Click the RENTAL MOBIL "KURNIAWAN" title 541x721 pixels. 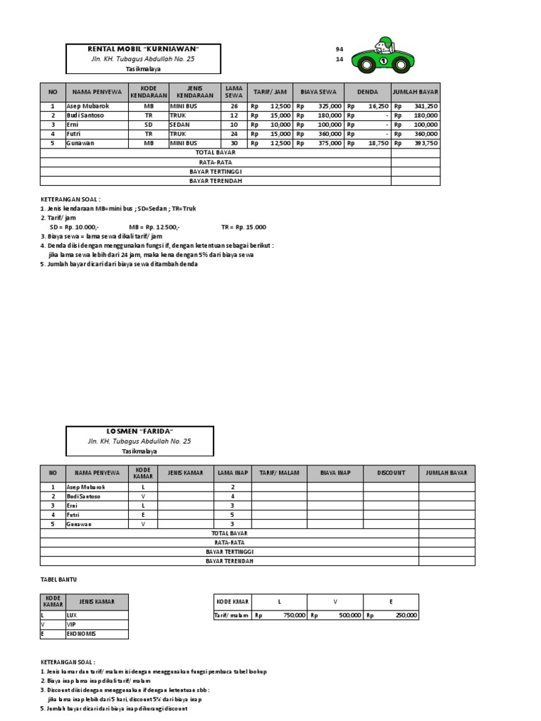[143, 49]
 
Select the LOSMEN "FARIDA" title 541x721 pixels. [139, 430]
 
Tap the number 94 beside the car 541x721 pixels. [340, 49]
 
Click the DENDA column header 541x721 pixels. [367, 92]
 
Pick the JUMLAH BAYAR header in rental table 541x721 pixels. [416, 92]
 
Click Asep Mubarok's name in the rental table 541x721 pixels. [88, 106]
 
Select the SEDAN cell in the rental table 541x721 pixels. [181, 124]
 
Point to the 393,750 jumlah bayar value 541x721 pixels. [425, 142]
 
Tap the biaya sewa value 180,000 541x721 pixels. [329, 115]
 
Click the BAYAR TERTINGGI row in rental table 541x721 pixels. [216, 171]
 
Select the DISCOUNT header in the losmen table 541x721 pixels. [391, 473]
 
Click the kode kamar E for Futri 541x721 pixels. [144, 515]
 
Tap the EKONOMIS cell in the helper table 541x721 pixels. [82, 634]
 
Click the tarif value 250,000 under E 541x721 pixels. [404, 615]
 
